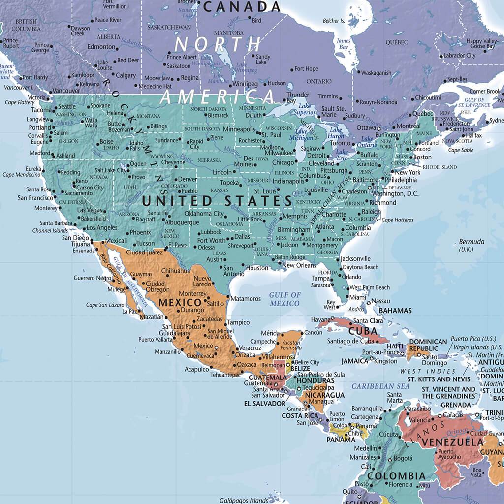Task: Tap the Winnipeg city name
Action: click(245, 84)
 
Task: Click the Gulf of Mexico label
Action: click(284, 299)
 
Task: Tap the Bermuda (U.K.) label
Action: click(472, 246)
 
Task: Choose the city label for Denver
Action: click(187, 179)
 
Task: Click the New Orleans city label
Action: click(299, 265)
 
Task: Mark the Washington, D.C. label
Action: click(395, 193)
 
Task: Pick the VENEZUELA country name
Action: click(453, 442)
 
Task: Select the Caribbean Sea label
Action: click(380, 386)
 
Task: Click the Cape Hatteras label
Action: click(398, 220)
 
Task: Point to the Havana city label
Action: click(320, 319)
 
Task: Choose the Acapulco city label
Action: click(196, 369)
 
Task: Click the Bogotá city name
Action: click(403, 458)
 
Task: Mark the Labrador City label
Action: click(460, 56)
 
